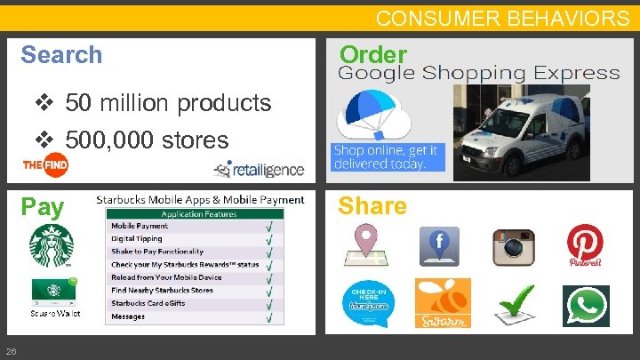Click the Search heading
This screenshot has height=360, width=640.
pos(61,55)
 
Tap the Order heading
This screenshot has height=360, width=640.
pos(373,54)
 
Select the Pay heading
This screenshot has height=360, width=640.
pos(43,207)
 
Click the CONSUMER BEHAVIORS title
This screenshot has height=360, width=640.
pos(502,18)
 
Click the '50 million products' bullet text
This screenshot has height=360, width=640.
pos(167,103)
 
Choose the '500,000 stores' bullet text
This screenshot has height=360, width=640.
pos(146,140)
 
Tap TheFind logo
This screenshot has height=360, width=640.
pos(46,165)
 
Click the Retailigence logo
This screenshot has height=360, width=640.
pos(258,168)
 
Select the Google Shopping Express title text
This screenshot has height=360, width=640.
pos(478,74)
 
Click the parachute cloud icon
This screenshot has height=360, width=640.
pos(372,114)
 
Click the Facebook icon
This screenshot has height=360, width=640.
pos(440,246)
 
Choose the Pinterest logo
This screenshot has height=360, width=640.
pos(585,244)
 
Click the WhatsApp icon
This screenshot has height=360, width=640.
pos(585,305)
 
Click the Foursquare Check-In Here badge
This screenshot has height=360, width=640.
pos(367,303)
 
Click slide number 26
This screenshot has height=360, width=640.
pos(10,348)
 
